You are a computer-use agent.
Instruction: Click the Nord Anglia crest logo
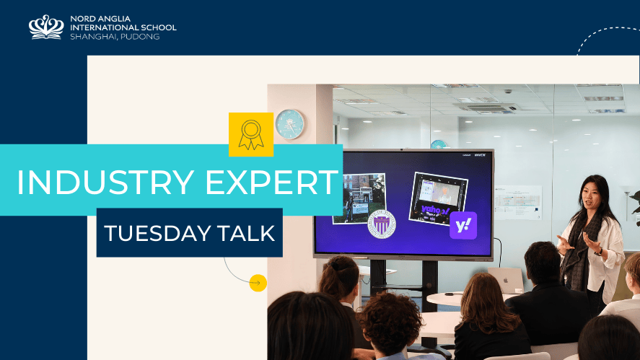click(x=46, y=27)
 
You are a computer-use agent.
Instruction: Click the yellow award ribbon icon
click(x=250, y=134)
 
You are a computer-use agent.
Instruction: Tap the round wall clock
click(x=289, y=124)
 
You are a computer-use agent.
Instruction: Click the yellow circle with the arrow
click(x=258, y=283)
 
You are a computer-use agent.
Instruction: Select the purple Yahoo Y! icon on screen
click(x=463, y=226)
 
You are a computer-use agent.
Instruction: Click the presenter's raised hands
click(x=577, y=243)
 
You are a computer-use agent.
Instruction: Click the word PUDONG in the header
click(x=139, y=36)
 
